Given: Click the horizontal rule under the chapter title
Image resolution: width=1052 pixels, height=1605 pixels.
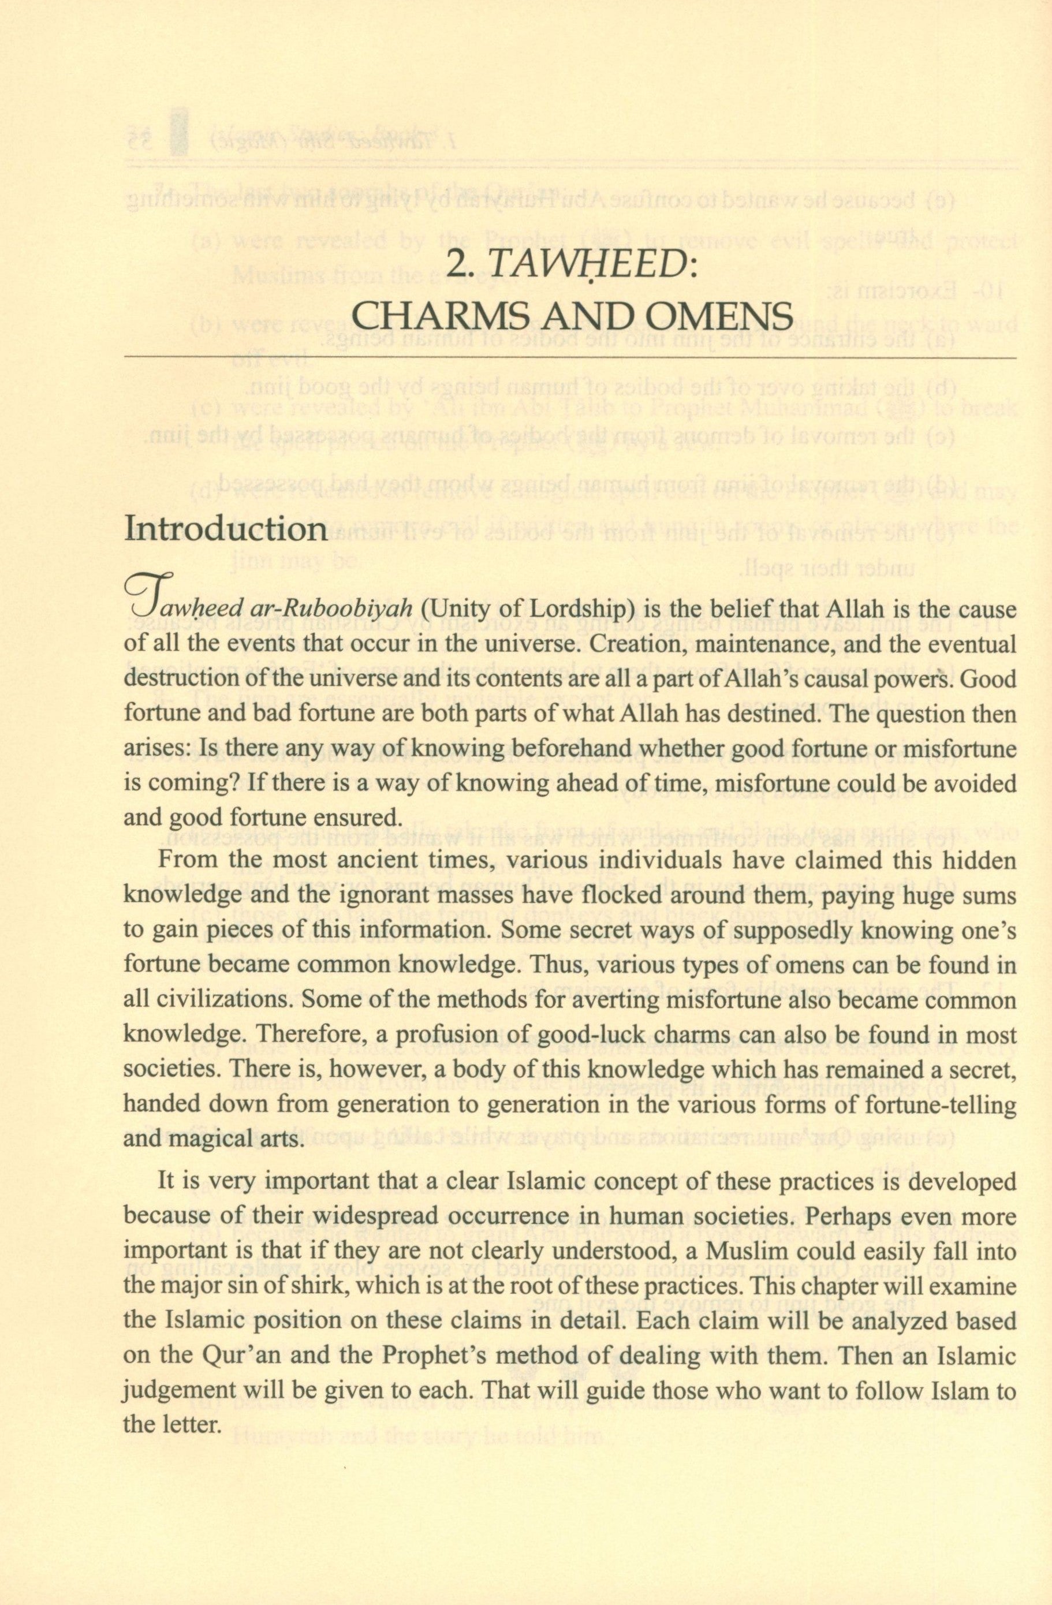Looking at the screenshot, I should (x=570, y=356).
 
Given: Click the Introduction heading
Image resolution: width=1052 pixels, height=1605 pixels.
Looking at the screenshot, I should (x=225, y=530).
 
